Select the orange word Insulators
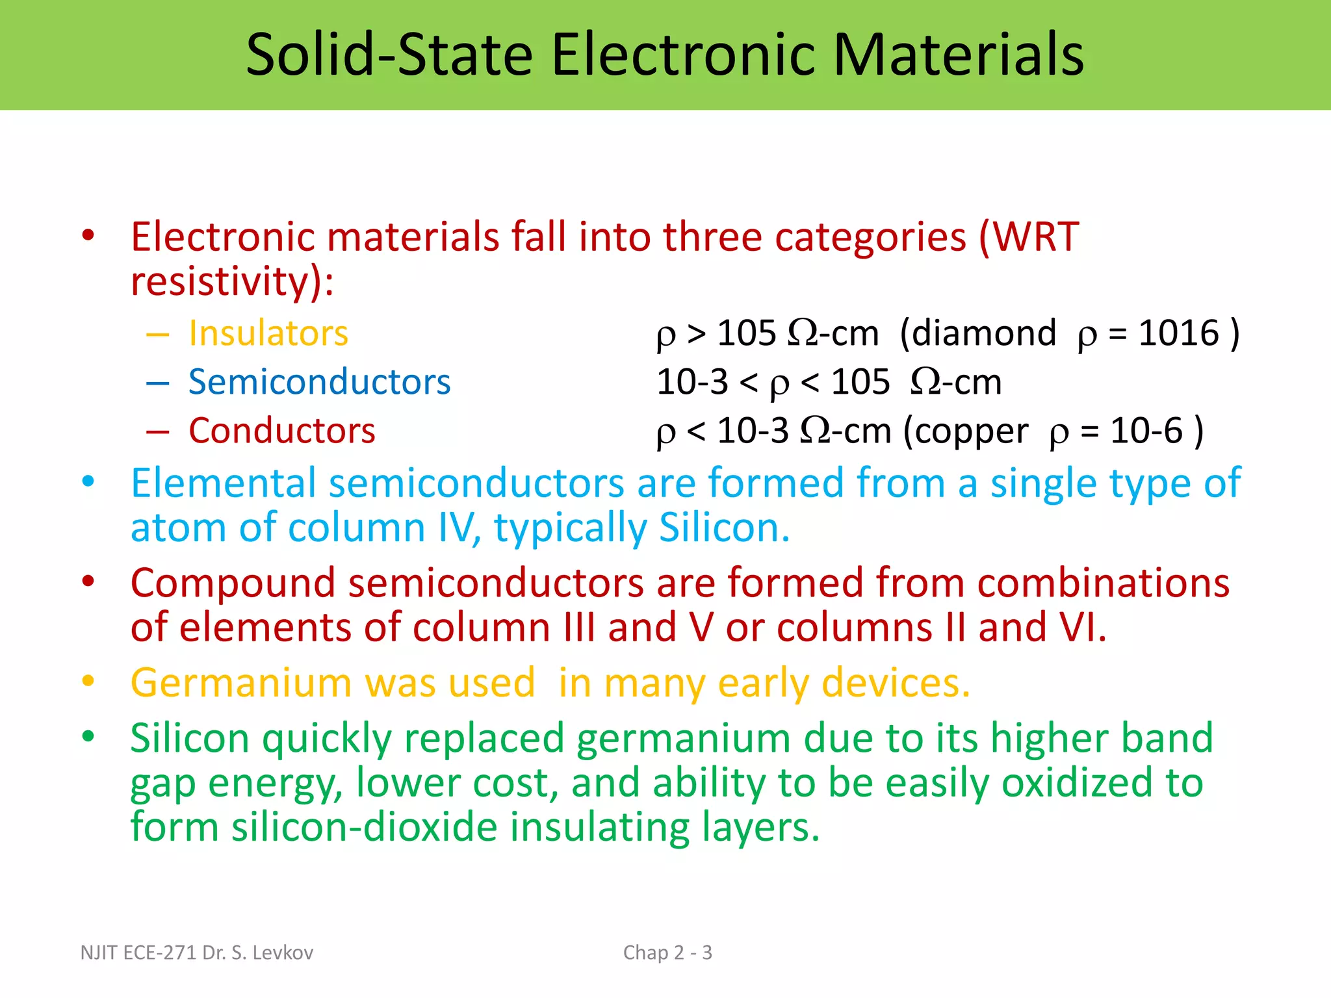point(268,333)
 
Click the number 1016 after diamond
point(1178,333)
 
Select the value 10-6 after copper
point(1146,431)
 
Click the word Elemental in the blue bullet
point(224,483)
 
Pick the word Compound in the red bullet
point(233,583)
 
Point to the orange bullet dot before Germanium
point(88,681)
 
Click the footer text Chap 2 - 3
point(667,953)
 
